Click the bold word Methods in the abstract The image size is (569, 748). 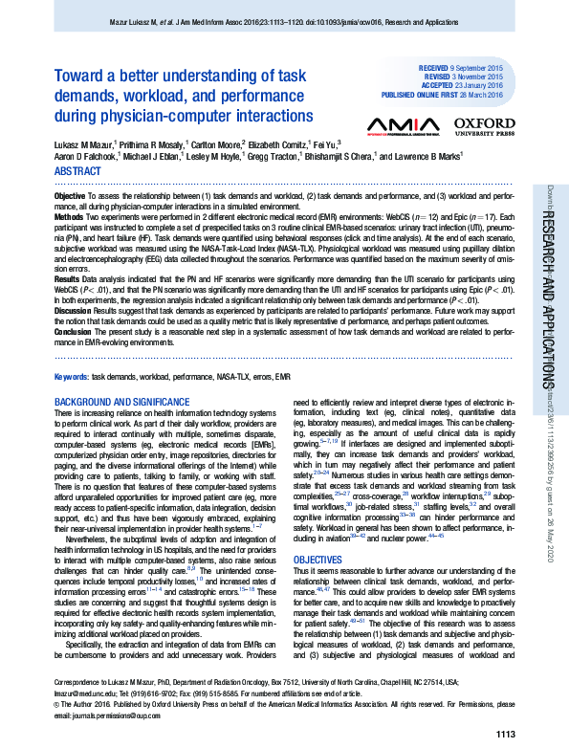click(x=70, y=217)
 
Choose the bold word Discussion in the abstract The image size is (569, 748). click(x=74, y=311)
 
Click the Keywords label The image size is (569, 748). click(x=72, y=378)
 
